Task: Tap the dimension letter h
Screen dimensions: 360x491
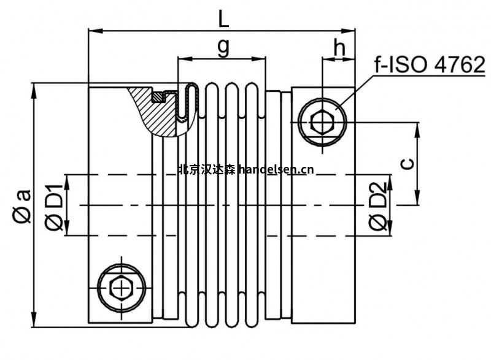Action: (x=338, y=48)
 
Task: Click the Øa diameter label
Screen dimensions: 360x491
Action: (x=21, y=206)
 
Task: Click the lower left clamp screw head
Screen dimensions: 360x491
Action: (x=123, y=286)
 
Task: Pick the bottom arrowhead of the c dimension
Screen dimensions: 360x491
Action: (x=417, y=201)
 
